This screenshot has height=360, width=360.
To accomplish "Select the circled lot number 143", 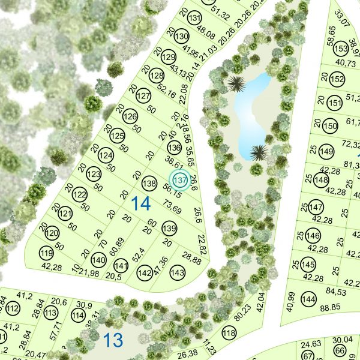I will pos(177,272).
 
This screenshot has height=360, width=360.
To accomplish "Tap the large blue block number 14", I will pos(141,204).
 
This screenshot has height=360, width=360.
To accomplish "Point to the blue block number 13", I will pos(113,340).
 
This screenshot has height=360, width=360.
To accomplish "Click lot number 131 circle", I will pos(194,19).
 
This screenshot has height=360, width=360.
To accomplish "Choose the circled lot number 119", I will pos(46,253).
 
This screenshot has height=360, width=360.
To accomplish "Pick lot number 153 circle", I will pos(341,49).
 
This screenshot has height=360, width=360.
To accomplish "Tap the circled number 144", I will pos(308,299).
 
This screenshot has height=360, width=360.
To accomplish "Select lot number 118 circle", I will pos(229,333).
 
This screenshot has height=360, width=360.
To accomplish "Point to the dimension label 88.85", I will pos(331,308).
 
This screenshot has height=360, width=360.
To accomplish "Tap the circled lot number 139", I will pos(169,229).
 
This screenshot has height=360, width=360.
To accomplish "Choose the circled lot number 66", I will pos(340,350).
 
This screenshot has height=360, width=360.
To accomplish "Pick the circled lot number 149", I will pos(327,150).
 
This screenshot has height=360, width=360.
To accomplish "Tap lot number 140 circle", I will pos(98,260).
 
